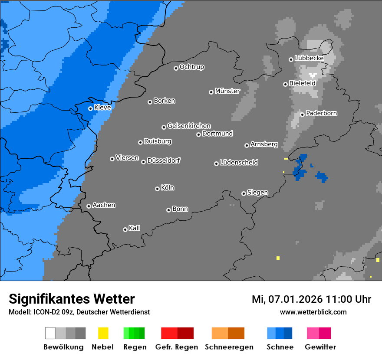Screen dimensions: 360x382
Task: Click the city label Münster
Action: point(227,91)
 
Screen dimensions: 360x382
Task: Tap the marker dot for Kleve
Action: point(90,108)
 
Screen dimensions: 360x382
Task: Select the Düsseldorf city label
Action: point(164,160)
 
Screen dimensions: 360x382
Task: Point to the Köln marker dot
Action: point(157,189)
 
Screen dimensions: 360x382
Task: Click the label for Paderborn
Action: point(321,113)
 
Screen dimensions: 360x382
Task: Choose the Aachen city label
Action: point(104,205)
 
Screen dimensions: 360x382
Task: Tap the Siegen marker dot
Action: point(244,193)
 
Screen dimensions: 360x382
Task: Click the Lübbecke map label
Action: point(309,58)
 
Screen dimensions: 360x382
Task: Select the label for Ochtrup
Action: point(192,67)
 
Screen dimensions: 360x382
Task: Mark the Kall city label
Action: point(134,228)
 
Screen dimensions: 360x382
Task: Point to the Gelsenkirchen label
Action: point(189,126)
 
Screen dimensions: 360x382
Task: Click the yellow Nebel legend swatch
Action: point(103,333)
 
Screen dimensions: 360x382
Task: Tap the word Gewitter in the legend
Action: point(320,347)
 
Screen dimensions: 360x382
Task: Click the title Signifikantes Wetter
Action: point(72,299)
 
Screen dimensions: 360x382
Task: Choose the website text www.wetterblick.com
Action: point(313,312)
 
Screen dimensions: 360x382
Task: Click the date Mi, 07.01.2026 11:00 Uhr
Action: point(311,299)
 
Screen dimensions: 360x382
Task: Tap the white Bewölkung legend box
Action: point(50,333)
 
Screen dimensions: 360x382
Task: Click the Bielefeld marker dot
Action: point(285,84)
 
